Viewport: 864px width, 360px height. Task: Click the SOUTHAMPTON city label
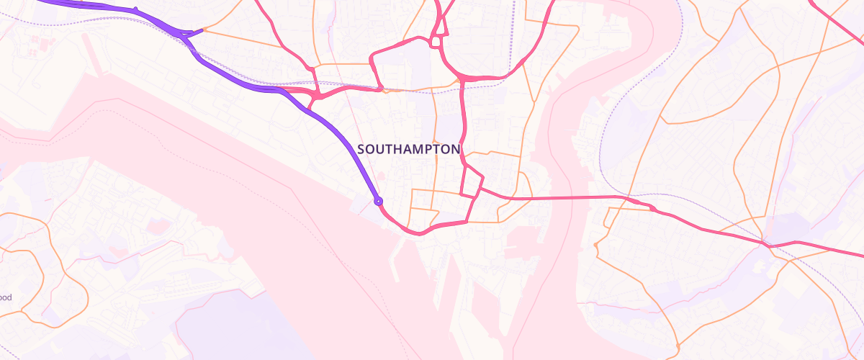click(408, 149)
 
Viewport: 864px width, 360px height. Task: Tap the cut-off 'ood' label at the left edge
click(6, 297)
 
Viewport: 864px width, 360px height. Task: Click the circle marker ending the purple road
click(378, 201)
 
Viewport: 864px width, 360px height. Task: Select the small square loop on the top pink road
click(435, 42)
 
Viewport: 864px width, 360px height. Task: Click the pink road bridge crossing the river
click(576, 197)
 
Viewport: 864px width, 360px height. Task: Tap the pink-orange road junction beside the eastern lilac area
click(769, 246)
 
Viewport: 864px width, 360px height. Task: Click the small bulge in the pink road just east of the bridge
click(652, 208)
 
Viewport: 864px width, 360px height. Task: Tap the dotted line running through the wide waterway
click(216, 151)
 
